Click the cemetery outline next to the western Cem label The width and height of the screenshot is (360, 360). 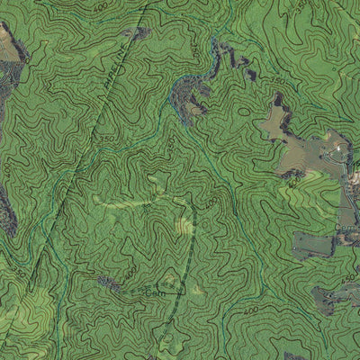click(x=173, y=288)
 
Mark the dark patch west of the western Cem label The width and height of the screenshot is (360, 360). click(x=110, y=284)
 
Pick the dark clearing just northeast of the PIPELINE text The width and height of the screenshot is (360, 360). click(x=137, y=34)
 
